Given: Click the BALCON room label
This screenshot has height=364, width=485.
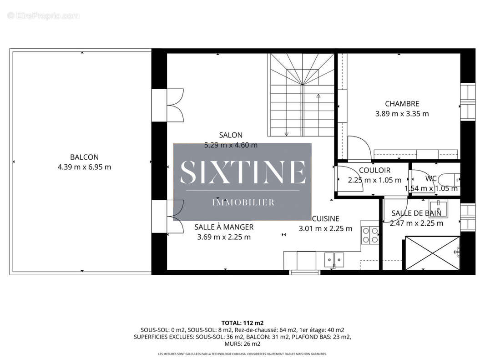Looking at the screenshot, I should point(84,157).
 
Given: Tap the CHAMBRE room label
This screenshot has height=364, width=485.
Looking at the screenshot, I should point(402,104).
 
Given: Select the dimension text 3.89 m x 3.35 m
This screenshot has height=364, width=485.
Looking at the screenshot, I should point(402,114).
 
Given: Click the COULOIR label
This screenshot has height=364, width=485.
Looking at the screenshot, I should point(374,171).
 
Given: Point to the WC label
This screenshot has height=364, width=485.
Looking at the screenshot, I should point(431,178).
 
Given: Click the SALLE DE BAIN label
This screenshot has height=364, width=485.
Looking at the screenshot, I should point(416,213).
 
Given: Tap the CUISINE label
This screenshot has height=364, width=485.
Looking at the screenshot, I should point(325,219).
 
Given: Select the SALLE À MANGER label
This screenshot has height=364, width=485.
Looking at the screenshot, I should point(224,227).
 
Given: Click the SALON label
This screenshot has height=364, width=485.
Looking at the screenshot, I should point(231,135).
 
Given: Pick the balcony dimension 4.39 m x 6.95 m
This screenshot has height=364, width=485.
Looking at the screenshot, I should point(84,167).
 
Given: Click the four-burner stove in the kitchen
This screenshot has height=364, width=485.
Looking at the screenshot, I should point(369,235).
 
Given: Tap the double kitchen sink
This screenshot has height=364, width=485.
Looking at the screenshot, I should point(334,260).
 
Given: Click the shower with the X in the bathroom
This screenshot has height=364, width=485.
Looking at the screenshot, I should point(432,253).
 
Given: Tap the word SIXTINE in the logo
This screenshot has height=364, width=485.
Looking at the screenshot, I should point(242,172).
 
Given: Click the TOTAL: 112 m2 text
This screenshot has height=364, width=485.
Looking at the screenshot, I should point(242,322).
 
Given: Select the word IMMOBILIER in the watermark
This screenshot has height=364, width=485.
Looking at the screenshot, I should point(243,202).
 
